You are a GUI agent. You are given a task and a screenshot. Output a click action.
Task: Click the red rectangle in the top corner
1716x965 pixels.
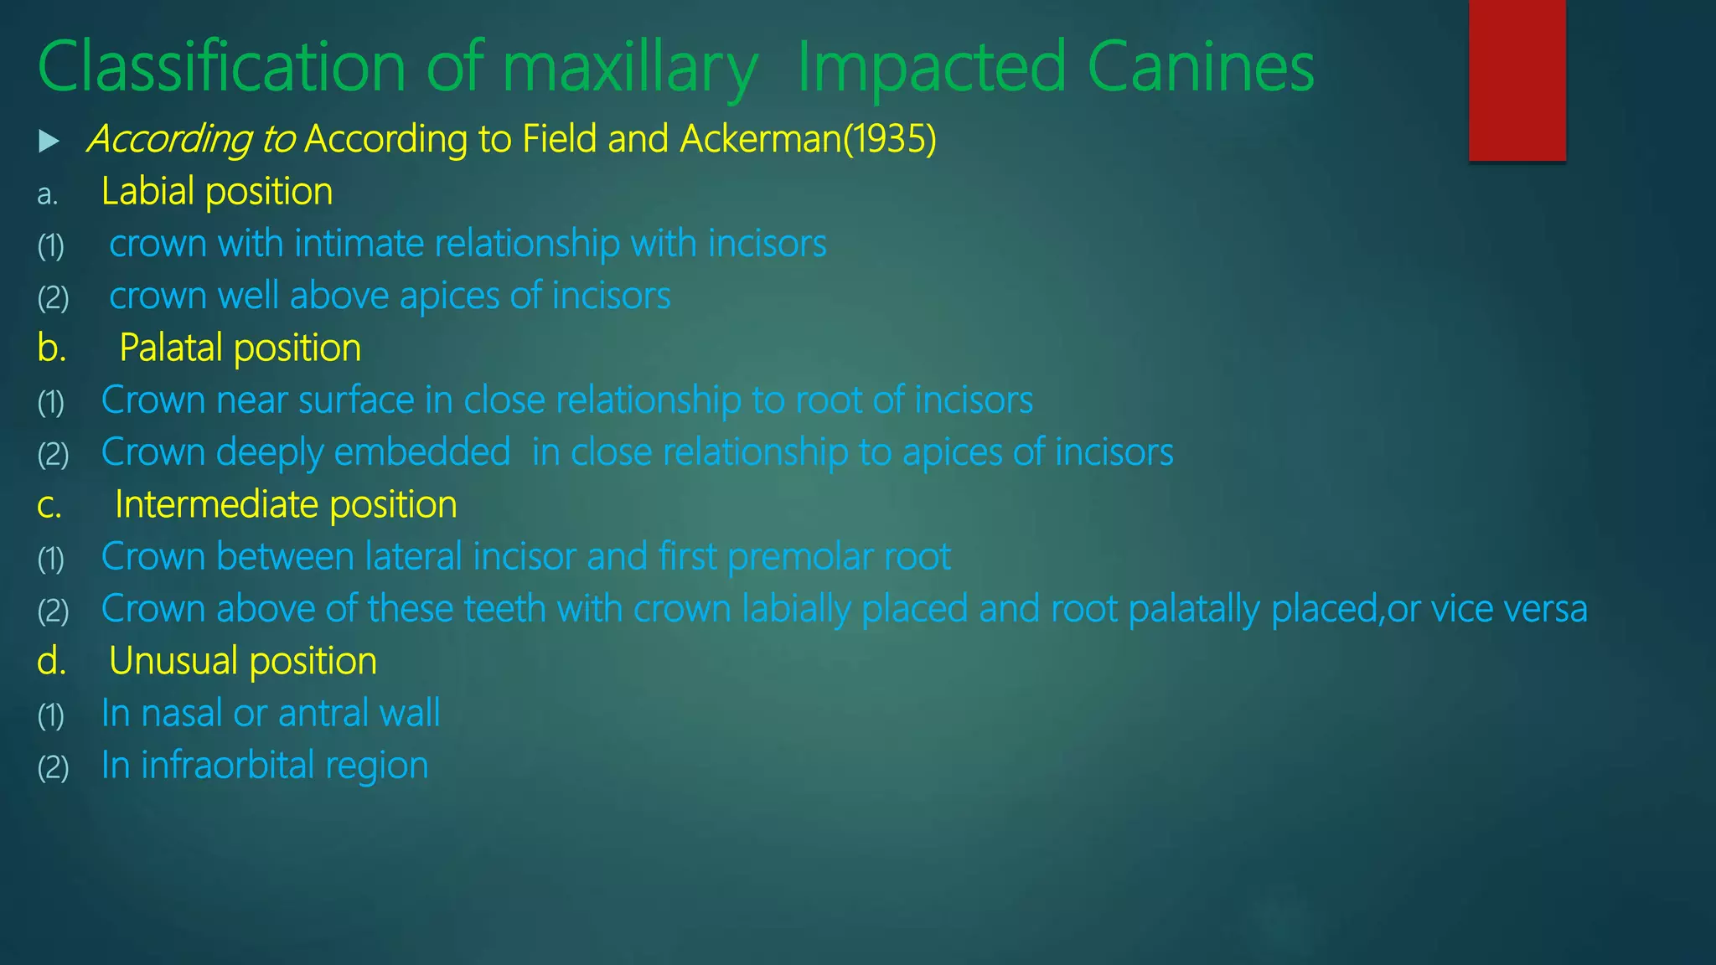1517,80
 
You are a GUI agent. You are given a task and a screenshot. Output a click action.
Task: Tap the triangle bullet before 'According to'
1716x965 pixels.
49,141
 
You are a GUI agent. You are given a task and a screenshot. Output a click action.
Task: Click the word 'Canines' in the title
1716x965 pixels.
1201,67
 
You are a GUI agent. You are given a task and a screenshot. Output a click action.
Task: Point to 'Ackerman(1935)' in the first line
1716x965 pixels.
808,139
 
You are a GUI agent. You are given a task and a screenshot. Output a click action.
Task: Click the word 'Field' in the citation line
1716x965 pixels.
560,139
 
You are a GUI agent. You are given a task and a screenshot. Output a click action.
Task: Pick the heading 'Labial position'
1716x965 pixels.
217,192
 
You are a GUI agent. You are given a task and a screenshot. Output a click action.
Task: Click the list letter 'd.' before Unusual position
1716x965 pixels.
51,662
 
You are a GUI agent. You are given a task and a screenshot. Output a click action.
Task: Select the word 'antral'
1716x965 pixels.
323,714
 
